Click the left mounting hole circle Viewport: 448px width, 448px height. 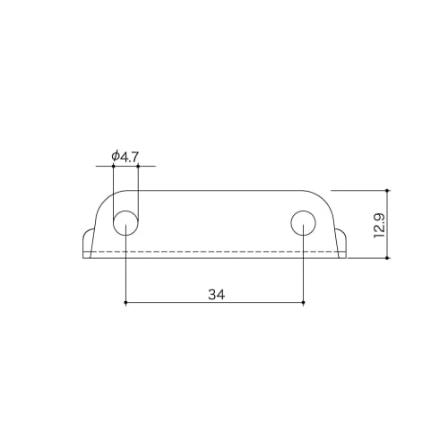(125, 222)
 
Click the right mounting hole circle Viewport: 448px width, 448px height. (304, 222)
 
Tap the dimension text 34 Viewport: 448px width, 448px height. (215, 293)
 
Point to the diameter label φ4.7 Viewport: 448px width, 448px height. (125, 157)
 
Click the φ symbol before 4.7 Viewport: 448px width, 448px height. (116, 157)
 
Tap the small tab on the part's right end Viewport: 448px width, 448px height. (342, 243)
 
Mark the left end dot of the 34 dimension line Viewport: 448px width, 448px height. (125, 303)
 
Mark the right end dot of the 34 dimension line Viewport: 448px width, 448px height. (304, 303)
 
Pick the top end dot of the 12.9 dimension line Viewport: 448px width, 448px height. (388, 190)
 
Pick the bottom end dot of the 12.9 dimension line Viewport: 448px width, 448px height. (388, 257)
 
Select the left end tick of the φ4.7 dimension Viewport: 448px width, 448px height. (113, 167)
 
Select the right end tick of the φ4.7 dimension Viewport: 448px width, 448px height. (138, 167)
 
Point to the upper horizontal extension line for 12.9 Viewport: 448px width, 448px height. (358, 190)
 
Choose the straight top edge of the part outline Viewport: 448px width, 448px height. (215, 190)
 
